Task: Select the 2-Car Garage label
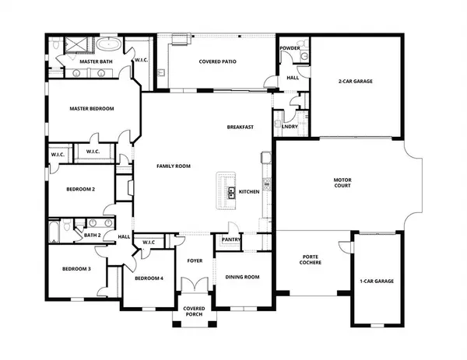(356, 81)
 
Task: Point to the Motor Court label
(343, 184)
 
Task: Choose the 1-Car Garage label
(376, 281)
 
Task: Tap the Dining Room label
(242, 277)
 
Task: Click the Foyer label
(195, 260)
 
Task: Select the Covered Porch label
(194, 312)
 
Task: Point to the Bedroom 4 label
(148, 278)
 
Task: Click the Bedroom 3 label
(77, 269)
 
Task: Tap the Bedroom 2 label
(80, 189)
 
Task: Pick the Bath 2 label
(92, 234)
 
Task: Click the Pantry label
(230, 240)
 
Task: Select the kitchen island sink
(231, 191)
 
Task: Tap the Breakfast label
(241, 127)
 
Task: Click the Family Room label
(174, 166)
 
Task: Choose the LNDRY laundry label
(290, 127)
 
